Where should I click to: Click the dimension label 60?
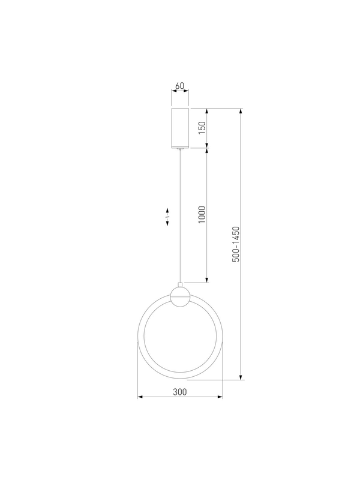click(x=179, y=86)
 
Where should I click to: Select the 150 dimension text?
click(x=202, y=128)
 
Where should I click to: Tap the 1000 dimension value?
click(x=202, y=215)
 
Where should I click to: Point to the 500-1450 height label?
click(x=236, y=244)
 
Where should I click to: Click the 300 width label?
click(x=179, y=392)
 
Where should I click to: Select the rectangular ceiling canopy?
click(x=180, y=128)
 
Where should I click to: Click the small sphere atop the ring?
click(x=181, y=296)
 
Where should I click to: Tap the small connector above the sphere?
click(x=181, y=284)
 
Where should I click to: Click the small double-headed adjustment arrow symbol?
click(x=167, y=217)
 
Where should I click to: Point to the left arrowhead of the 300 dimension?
click(x=140, y=397)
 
